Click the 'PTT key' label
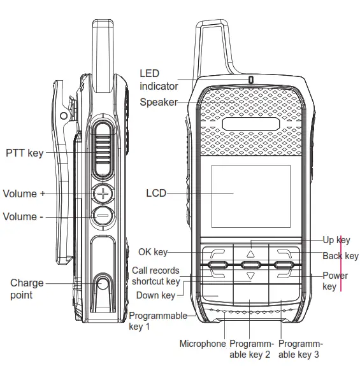(x=25, y=153)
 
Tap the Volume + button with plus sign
(x=103, y=194)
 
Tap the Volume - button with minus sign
(x=103, y=216)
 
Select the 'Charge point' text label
(x=27, y=288)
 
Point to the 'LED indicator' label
(x=159, y=80)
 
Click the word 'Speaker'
(x=159, y=102)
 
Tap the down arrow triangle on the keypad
(x=250, y=276)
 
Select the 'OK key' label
(x=153, y=252)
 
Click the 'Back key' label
(x=340, y=256)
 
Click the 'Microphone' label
(x=203, y=344)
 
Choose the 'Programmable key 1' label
(x=157, y=321)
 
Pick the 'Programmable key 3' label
(x=300, y=349)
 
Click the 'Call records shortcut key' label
(x=156, y=276)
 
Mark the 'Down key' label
(x=155, y=295)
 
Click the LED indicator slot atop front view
(x=251, y=80)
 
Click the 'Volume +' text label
(x=24, y=194)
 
